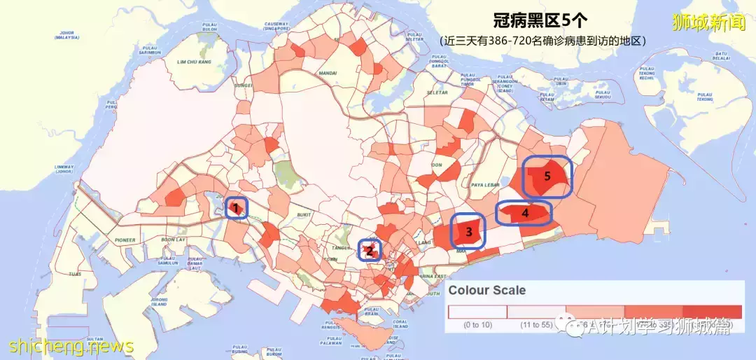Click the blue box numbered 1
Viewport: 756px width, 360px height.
pos(237,208)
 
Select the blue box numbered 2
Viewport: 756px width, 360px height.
pos(370,250)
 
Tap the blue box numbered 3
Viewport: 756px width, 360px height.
pos(469,230)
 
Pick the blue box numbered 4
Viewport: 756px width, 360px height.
pos(524,213)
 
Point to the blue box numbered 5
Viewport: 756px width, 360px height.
pos(547,176)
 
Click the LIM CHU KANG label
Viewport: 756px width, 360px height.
pos(194,62)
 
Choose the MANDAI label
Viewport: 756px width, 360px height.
pos(327,73)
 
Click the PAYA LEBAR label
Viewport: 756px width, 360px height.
pos(484,185)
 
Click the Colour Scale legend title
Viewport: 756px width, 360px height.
pos(486,290)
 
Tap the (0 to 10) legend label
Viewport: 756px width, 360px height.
pos(477,325)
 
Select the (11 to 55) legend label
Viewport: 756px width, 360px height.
pos(535,325)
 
